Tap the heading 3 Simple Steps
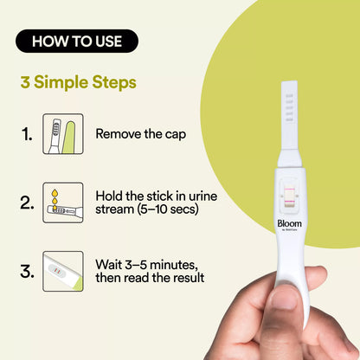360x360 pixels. pos(78,84)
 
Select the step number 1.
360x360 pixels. pos(28,134)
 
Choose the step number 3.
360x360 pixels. pos(28,270)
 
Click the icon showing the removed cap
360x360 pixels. pos(63,134)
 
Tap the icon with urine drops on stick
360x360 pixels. pos(63,203)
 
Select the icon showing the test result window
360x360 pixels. pos(63,271)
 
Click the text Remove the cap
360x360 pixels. pos(140,134)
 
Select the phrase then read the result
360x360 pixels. pos(150,278)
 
